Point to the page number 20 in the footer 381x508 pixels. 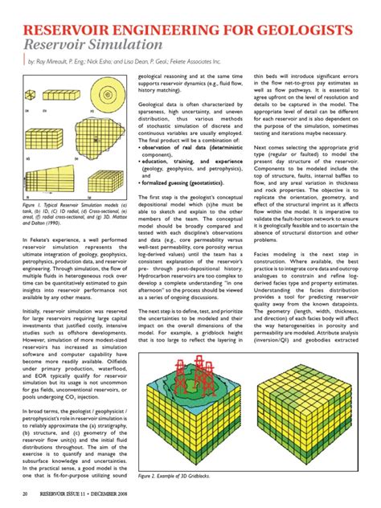click(x=27, y=492)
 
